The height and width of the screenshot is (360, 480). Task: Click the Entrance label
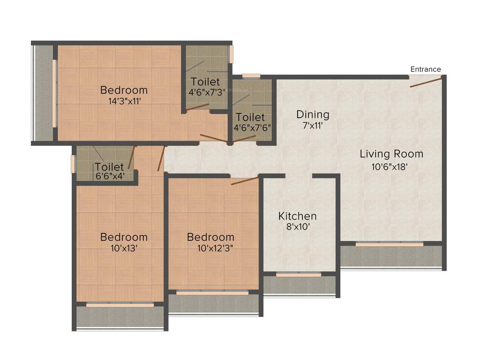coord(426,69)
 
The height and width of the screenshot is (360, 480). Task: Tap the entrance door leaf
coord(426,82)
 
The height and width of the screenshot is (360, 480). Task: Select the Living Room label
coord(391,154)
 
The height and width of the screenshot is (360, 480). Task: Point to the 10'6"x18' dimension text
coord(391,165)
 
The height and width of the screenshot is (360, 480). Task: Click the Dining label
coord(313,114)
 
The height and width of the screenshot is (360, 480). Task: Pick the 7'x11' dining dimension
coord(313,126)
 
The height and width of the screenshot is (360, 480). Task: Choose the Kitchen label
coord(298,216)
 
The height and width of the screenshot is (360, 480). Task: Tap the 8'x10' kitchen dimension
coord(298,227)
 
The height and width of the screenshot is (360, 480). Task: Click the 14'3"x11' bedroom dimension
coord(124,100)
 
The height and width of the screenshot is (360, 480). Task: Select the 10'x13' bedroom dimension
coord(124,248)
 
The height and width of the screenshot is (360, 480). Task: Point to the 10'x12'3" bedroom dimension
coord(216,248)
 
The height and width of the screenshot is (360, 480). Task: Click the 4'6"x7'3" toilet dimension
coord(207,92)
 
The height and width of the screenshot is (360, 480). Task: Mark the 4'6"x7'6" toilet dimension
coord(252,127)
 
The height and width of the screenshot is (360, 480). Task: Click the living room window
coord(389,244)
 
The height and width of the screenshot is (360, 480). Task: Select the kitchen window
coord(298,275)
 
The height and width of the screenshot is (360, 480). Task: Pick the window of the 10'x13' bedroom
coord(120,305)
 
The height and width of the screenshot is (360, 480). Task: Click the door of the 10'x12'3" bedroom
coord(245,181)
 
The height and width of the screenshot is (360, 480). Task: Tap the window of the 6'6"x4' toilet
coord(73,164)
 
